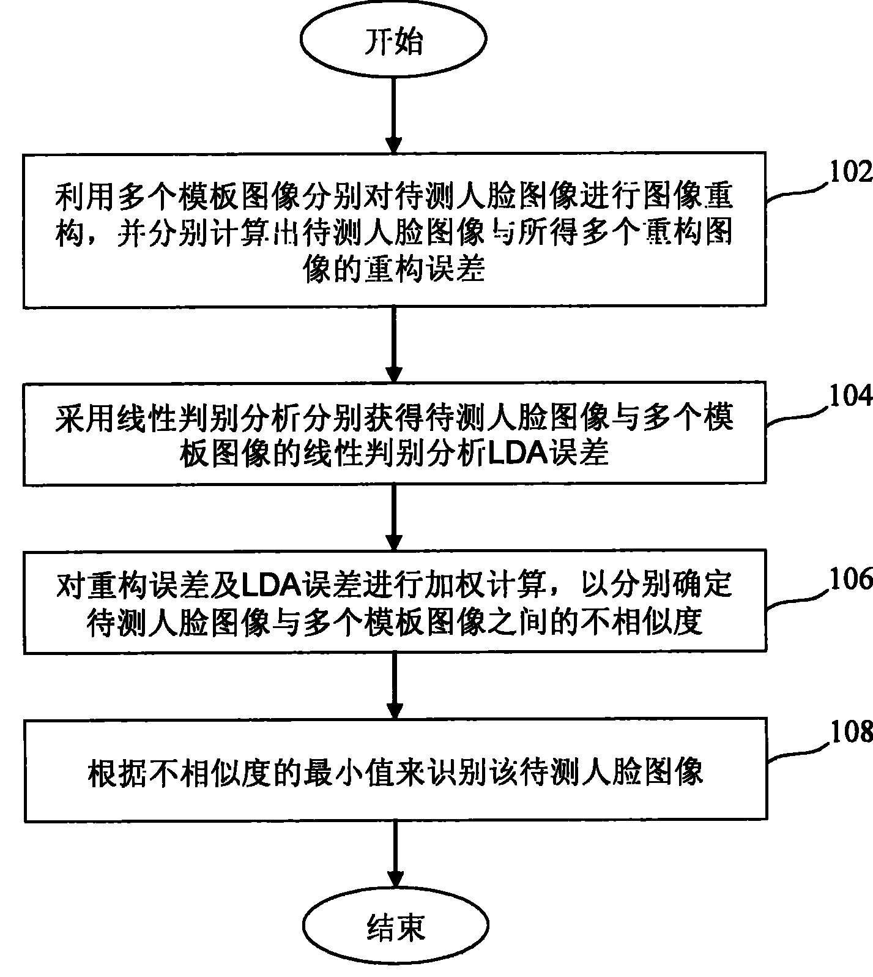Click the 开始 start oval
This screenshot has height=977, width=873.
[x=394, y=40]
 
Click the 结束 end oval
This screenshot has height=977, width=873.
[x=396, y=928]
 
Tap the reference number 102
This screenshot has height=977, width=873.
[x=850, y=173]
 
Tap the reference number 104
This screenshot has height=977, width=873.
[x=850, y=397]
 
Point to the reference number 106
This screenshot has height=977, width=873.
[x=850, y=578]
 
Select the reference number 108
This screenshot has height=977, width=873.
[x=850, y=731]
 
